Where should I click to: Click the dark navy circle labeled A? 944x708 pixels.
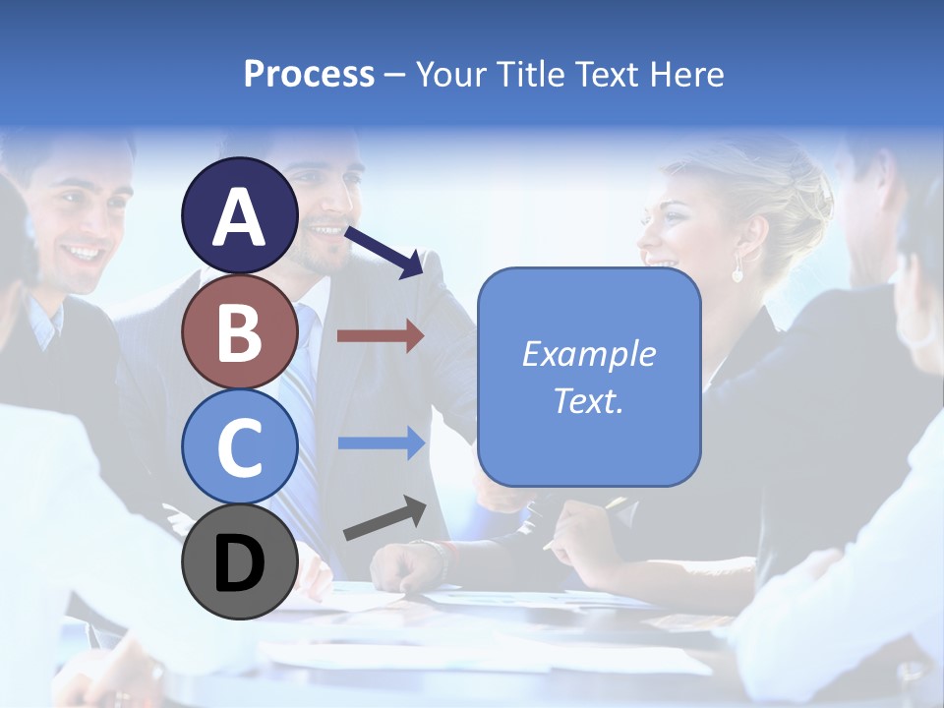[240, 216]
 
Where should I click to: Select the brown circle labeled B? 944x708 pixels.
[240, 331]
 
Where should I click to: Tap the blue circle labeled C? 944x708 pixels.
[240, 446]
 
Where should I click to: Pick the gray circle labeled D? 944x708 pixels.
[240, 561]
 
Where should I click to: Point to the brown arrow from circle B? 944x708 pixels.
[381, 336]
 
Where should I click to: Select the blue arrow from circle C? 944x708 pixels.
[381, 442]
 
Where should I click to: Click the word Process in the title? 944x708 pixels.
[309, 74]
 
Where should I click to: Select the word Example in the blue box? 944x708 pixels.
[588, 354]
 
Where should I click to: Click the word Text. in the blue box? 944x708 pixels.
[588, 400]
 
